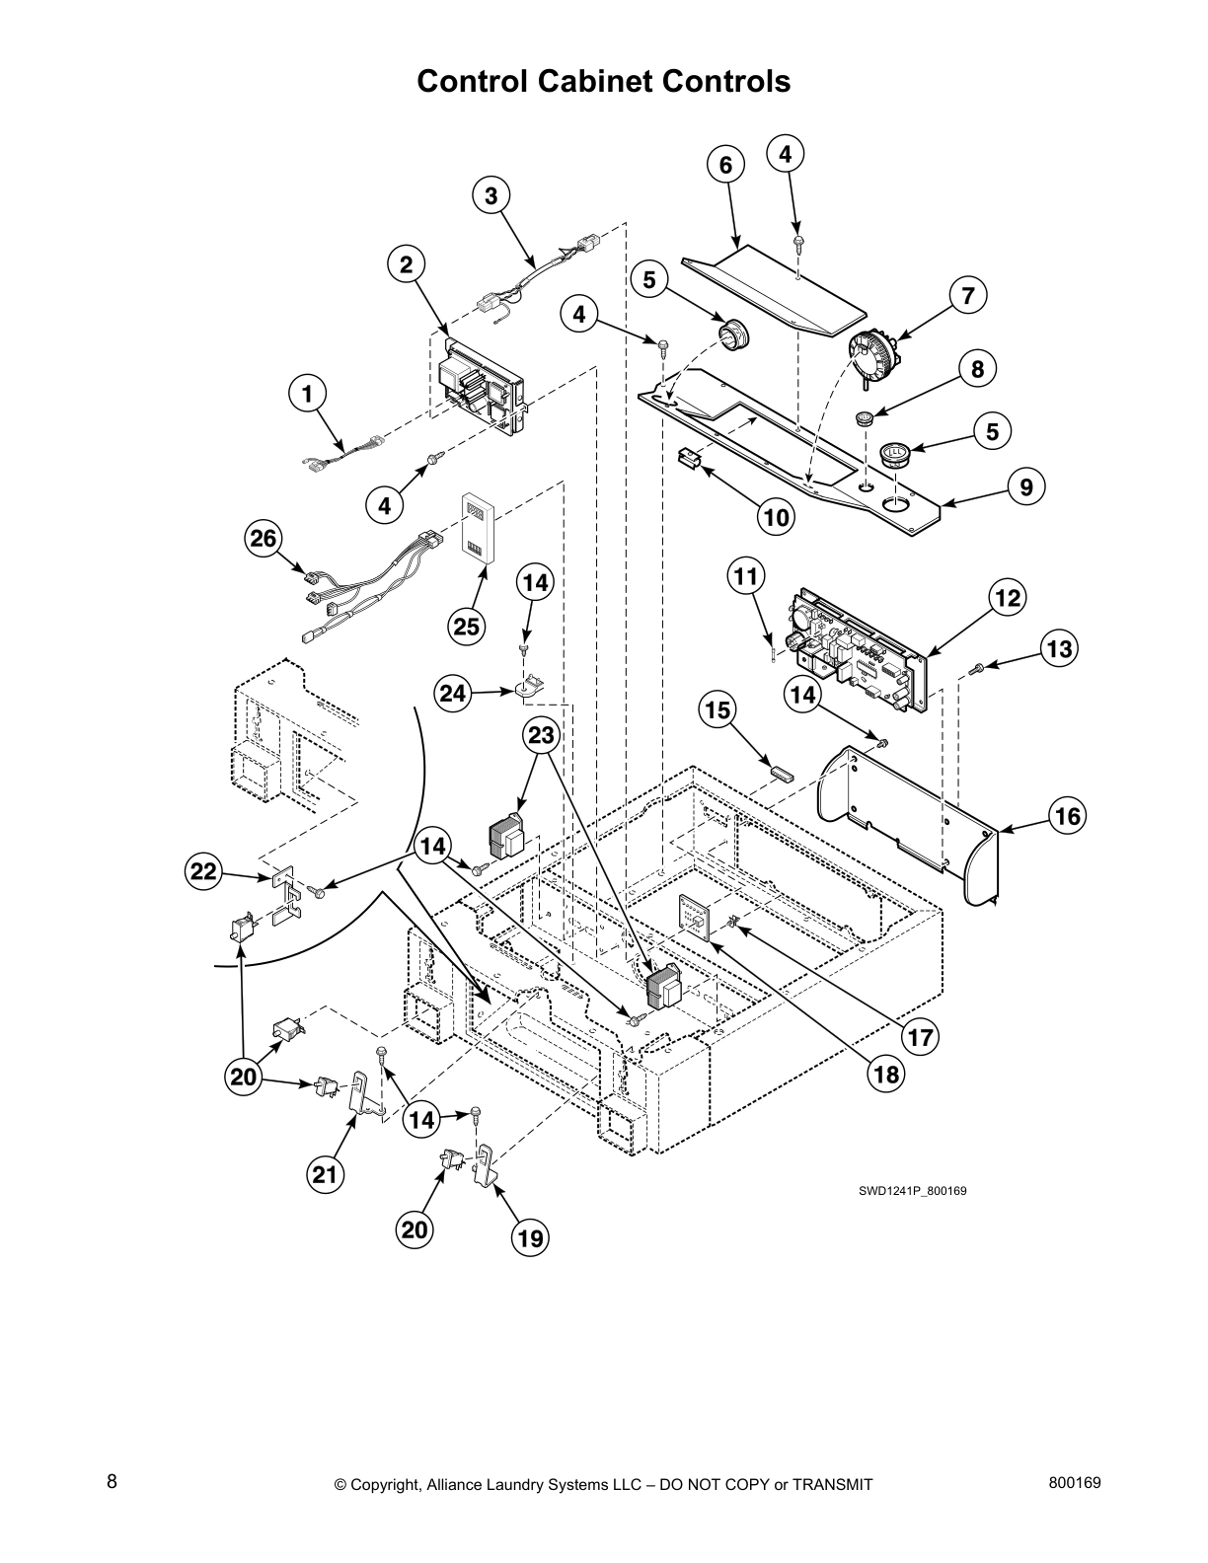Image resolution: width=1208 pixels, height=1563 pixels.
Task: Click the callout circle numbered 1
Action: pyautogui.click(x=308, y=394)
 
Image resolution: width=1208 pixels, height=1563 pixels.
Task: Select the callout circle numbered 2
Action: pyautogui.click(x=406, y=263)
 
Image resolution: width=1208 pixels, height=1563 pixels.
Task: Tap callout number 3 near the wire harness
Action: pyautogui.click(x=491, y=195)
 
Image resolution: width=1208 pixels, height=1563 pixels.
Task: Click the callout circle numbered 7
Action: pyautogui.click(x=967, y=294)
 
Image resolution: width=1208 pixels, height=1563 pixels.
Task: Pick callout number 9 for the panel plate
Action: pyautogui.click(x=1026, y=486)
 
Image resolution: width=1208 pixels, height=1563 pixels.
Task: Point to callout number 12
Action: pyautogui.click(x=1007, y=596)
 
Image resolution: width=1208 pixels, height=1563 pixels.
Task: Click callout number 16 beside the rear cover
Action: pyautogui.click(x=1067, y=816)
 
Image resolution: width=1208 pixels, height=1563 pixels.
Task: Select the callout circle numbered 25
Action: pyautogui.click(x=466, y=625)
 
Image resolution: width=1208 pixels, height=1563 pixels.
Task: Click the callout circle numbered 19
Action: pyautogui.click(x=531, y=1237)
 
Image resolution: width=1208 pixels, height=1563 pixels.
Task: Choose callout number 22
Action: pyautogui.click(x=203, y=871)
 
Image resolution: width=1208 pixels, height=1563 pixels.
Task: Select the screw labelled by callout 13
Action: pyautogui.click(x=977, y=670)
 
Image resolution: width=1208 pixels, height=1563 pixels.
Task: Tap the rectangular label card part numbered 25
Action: pyautogui.click(x=477, y=530)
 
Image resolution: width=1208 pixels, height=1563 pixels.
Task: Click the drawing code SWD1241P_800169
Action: pyautogui.click(x=911, y=1191)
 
